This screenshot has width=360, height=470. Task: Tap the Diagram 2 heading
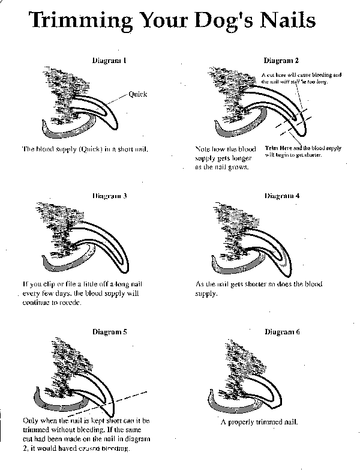281,61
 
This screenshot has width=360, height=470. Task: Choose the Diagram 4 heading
281,196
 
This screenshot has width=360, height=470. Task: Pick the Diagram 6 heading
281,331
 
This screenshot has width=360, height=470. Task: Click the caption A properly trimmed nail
259,422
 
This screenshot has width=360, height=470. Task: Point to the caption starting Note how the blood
226,157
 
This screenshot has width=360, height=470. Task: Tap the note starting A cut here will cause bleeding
301,78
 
